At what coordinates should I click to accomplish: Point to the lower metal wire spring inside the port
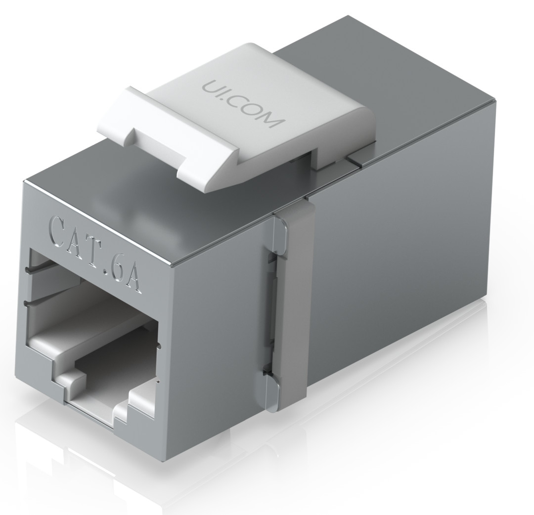click(x=44, y=300)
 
